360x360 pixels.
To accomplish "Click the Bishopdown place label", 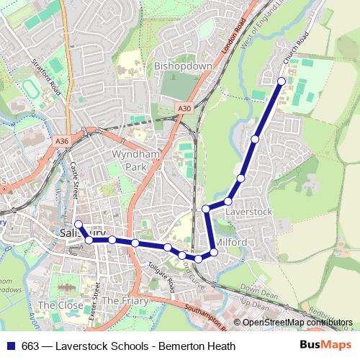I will (x=183, y=66).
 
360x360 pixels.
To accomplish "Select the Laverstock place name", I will (x=248, y=212).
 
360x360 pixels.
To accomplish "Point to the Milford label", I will (x=232, y=242).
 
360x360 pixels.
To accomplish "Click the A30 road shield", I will (x=184, y=109).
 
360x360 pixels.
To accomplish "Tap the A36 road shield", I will (x=62, y=143).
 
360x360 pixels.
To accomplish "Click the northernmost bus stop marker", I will (x=282, y=81).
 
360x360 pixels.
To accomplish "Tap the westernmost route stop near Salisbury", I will (x=78, y=225).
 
